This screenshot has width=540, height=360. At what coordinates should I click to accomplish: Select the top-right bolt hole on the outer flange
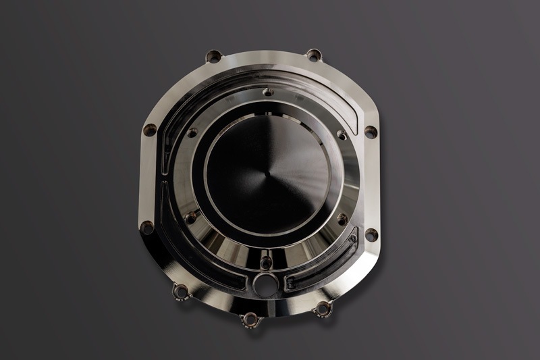(x=313, y=55)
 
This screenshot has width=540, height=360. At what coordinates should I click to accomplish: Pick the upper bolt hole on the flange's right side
(x=371, y=131)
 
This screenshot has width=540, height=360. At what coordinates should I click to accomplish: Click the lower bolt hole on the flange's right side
(x=371, y=234)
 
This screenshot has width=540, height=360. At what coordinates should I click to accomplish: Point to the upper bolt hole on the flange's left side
(x=150, y=129)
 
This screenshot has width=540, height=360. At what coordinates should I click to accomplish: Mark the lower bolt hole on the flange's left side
(x=147, y=228)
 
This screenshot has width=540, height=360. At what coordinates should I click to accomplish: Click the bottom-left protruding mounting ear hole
(x=181, y=291)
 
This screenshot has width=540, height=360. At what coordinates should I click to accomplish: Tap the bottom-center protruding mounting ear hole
(x=250, y=319)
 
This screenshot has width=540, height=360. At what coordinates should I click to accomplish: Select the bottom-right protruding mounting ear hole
(x=323, y=309)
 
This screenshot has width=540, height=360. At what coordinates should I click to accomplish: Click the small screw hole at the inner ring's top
(x=267, y=91)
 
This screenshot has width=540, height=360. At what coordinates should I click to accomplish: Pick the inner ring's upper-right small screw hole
(x=342, y=135)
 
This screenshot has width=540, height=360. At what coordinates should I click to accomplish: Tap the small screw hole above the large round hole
(x=266, y=261)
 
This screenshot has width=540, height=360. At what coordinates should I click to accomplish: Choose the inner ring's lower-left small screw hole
(x=191, y=217)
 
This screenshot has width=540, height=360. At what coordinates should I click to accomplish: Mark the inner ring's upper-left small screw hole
(x=192, y=132)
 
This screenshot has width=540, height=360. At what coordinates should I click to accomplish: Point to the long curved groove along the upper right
(x=331, y=95)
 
